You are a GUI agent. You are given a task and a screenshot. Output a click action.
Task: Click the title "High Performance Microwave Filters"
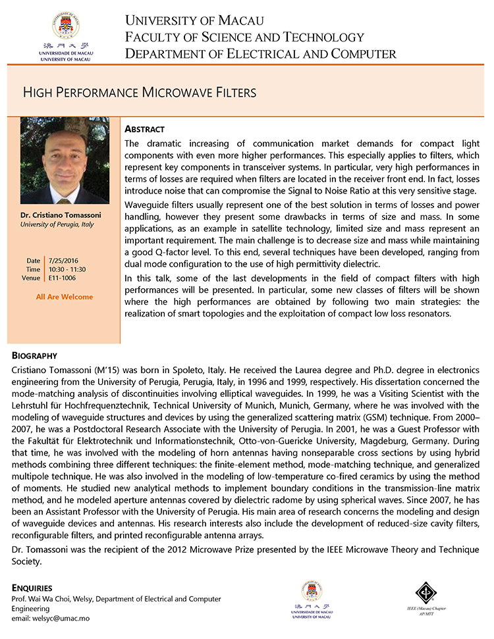point(140,92)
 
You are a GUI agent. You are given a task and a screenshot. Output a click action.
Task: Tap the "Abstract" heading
point(144,129)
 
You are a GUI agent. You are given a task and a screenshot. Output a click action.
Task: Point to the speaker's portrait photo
point(64,161)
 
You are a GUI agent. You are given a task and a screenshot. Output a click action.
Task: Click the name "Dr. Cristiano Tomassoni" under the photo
point(64,215)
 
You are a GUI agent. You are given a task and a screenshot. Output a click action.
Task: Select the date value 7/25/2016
point(61,261)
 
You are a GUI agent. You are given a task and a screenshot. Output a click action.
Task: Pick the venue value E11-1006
point(61,278)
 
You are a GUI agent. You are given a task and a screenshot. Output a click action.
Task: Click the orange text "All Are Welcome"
point(65,297)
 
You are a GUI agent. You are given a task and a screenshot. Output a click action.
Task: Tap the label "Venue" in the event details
point(31,278)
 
